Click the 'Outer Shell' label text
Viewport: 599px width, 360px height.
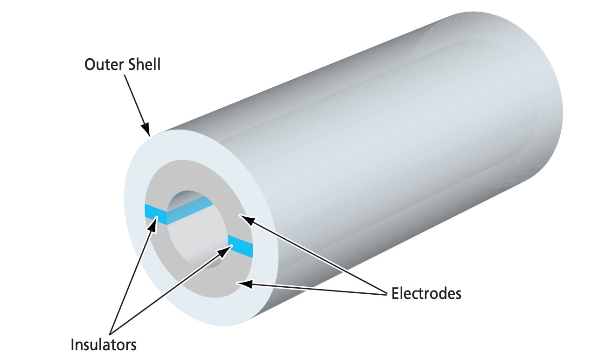[x=122, y=64]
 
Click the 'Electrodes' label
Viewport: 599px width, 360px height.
[x=426, y=293]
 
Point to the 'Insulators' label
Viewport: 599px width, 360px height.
[x=104, y=345]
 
